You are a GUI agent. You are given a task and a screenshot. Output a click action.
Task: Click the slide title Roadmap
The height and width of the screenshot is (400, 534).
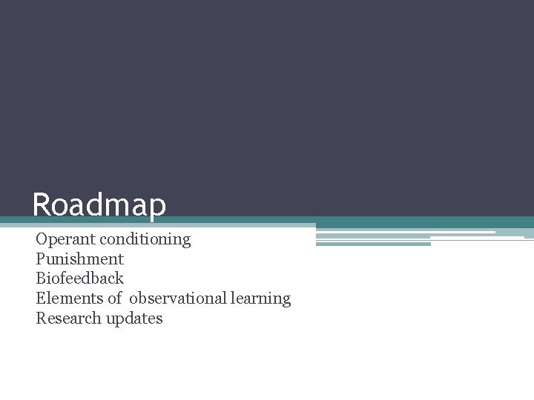pyautogui.click(x=99, y=205)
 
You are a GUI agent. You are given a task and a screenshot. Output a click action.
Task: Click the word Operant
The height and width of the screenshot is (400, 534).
pyautogui.click(x=65, y=239)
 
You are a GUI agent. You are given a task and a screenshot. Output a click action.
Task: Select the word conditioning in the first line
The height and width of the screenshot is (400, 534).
pyautogui.click(x=145, y=239)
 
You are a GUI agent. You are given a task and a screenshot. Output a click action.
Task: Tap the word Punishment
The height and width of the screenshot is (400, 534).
pyautogui.click(x=79, y=259)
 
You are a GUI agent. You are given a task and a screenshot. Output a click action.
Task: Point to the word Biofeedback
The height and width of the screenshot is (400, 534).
pyautogui.click(x=79, y=279)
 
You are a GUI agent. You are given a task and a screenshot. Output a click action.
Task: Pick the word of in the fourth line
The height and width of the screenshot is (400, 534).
pyautogui.click(x=114, y=299)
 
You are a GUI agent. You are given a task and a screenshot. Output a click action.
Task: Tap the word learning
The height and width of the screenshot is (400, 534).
pyautogui.click(x=260, y=299)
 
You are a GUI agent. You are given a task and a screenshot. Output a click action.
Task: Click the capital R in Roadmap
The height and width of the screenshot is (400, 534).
pyautogui.click(x=42, y=205)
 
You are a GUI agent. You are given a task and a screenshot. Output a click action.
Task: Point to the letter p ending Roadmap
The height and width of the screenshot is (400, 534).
pyautogui.click(x=157, y=207)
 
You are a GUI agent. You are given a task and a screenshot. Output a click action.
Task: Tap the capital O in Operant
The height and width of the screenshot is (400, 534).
pyautogui.click(x=42, y=239)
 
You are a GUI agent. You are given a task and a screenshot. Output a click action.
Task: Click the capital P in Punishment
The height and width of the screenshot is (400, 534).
pyautogui.click(x=40, y=259)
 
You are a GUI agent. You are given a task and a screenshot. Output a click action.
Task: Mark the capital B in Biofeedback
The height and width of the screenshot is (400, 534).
pyautogui.click(x=41, y=279)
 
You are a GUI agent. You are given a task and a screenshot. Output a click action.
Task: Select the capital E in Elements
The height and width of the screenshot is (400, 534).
pyautogui.click(x=40, y=299)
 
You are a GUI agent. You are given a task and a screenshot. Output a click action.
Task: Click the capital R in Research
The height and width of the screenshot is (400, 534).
pyautogui.click(x=41, y=319)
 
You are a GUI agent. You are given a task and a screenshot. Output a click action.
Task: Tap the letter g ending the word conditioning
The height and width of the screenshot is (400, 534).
pyautogui.click(x=187, y=241)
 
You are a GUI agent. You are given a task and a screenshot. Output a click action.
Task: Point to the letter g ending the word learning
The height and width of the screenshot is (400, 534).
pyautogui.click(x=287, y=301)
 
